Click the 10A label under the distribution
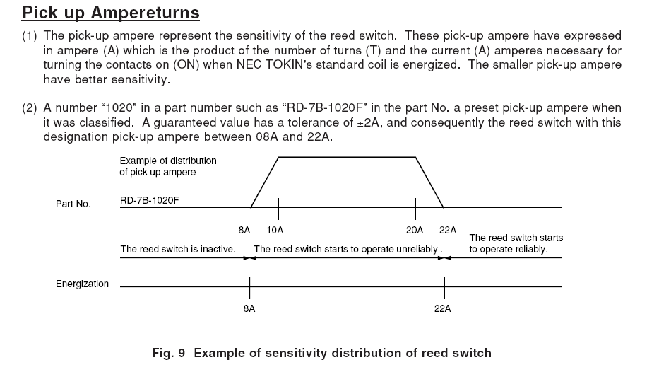click(x=275, y=231)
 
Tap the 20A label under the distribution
click(x=415, y=231)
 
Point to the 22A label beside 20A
click(x=447, y=231)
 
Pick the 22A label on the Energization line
click(x=443, y=309)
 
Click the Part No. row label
click(x=73, y=204)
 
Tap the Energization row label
click(x=82, y=284)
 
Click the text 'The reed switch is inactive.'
click(x=177, y=249)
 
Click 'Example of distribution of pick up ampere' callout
click(x=168, y=166)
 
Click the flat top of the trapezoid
click(x=347, y=157)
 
